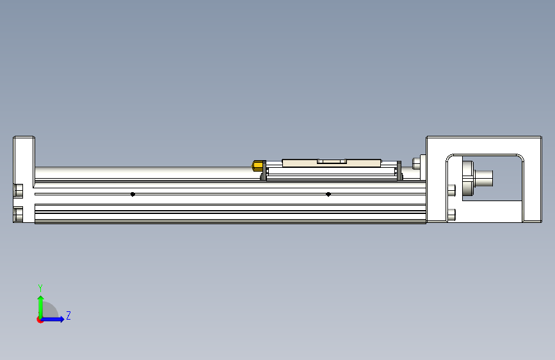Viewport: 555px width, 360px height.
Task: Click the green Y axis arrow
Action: pyautogui.click(x=40, y=306)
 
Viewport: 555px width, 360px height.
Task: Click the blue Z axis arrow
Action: pyautogui.click(x=54, y=318)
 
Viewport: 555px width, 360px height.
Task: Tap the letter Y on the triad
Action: pyautogui.click(x=40, y=288)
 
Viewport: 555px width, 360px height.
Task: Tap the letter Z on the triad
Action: pyautogui.click(x=68, y=316)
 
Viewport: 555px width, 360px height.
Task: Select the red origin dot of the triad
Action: pyautogui.click(x=40, y=319)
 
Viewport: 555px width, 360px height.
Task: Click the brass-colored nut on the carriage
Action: pyautogui.click(x=258, y=167)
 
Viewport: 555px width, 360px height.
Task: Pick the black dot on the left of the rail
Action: pyautogui.click(x=133, y=194)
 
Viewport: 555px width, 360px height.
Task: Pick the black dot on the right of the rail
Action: pyautogui.click(x=328, y=194)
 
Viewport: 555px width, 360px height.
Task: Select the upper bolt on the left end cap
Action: pyautogui.click(x=18, y=190)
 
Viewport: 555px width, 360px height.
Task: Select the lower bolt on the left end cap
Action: pyautogui.click(x=18, y=214)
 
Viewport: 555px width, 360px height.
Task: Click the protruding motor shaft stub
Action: pyautogui.click(x=485, y=176)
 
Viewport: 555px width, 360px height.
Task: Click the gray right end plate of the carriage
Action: pyautogui.click(x=400, y=171)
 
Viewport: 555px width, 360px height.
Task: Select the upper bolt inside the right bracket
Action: pyautogui.click(x=453, y=190)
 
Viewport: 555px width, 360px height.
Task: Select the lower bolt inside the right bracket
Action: pyautogui.click(x=453, y=214)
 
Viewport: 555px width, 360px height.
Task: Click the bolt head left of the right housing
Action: pyautogui.click(x=417, y=163)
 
